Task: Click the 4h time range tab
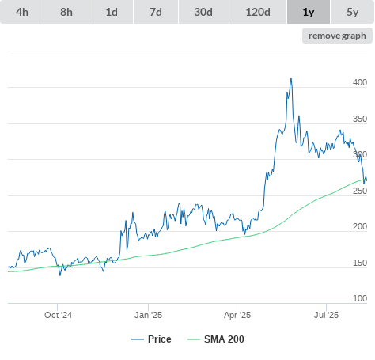click(22, 12)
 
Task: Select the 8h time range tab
click(66, 12)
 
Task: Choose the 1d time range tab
click(112, 12)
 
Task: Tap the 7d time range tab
click(156, 12)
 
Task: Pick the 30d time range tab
click(203, 12)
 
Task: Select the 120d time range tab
click(258, 12)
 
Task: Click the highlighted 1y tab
click(309, 12)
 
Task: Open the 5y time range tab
click(352, 12)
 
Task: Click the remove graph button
click(337, 36)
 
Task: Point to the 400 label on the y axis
click(360, 82)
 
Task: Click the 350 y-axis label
click(360, 119)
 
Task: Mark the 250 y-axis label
click(360, 191)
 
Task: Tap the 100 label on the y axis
click(360, 298)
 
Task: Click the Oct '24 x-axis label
click(58, 315)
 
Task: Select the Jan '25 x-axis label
click(148, 315)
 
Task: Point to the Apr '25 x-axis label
click(237, 315)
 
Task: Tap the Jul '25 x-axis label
click(326, 315)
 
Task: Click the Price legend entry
click(151, 339)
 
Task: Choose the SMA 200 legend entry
click(216, 339)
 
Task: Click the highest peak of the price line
click(291, 78)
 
